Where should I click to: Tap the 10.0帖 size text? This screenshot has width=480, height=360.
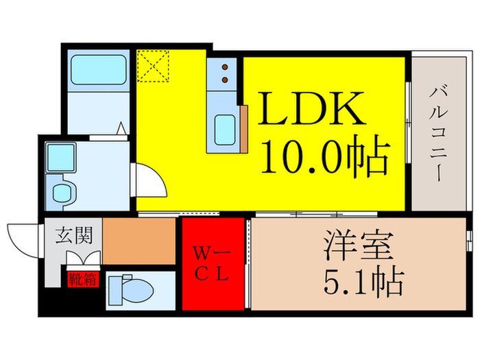(x=324, y=158)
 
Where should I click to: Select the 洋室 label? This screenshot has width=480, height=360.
(x=356, y=246)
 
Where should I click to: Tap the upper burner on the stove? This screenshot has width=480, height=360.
(x=224, y=68)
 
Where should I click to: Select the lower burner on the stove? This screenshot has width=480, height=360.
(x=224, y=80)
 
